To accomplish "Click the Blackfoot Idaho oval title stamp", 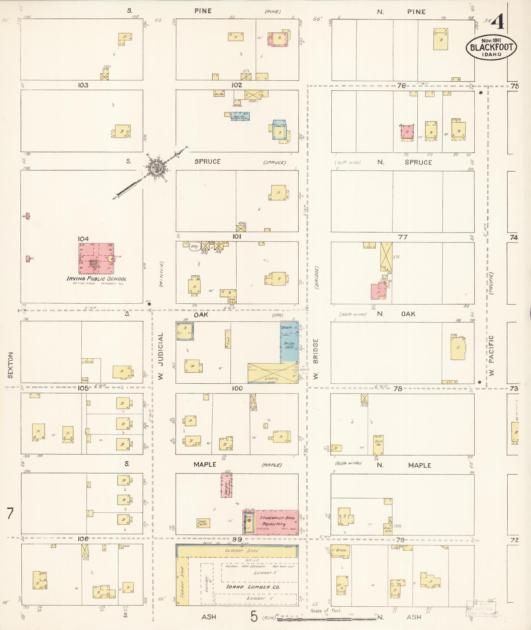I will click(491, 47).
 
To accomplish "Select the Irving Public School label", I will click(96, 279).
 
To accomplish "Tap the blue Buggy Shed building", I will click(289, 344).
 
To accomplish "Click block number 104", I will click(83, 239).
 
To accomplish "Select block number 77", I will click(402, 237).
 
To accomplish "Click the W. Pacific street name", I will click(491, 356).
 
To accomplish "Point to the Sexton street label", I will click(10, 365).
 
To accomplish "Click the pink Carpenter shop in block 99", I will click(226, 485).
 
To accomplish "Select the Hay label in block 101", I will click(193, 246).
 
